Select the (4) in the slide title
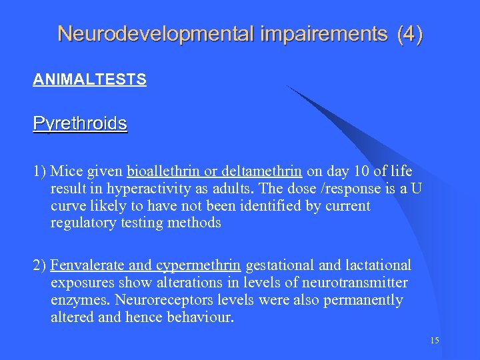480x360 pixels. coord(409,34)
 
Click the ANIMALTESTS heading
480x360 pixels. coord(89,80)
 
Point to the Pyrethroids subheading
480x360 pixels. coord(80,124)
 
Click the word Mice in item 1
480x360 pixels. coord(65,172)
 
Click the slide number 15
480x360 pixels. coord(435,341)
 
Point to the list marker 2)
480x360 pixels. coord(39,266)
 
